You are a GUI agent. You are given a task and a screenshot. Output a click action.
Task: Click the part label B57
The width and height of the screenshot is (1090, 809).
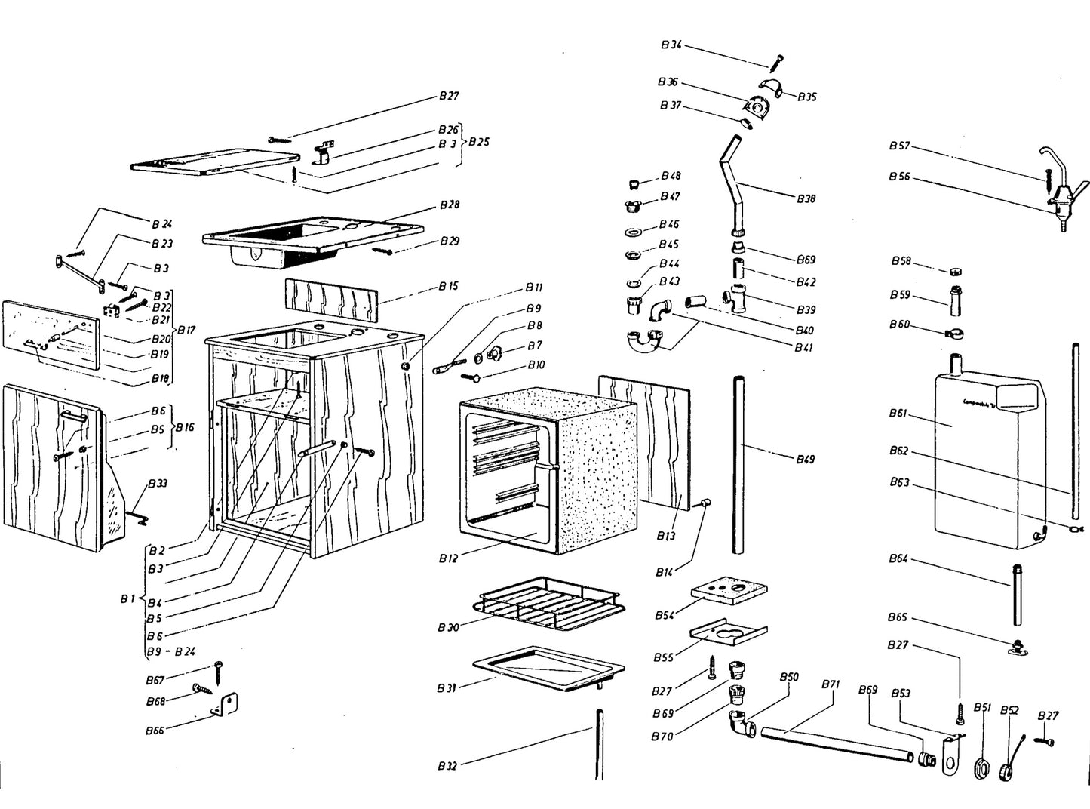899,146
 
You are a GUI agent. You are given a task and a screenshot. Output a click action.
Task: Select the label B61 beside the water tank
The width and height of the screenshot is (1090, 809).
898,414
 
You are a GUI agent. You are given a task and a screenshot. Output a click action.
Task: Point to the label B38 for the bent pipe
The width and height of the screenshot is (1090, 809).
806,198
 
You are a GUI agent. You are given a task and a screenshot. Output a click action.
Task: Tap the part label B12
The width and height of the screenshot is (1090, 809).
448,559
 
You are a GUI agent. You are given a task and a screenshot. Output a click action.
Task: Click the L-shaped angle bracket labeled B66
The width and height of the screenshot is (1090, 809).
229,705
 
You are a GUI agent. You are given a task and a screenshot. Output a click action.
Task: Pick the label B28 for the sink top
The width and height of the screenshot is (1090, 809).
449,205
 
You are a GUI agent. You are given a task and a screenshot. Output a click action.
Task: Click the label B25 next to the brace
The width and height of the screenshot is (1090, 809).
478,142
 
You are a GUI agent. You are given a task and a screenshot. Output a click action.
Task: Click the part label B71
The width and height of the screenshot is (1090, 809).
830,684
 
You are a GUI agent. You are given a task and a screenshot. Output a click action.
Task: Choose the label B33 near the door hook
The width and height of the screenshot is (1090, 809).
158,483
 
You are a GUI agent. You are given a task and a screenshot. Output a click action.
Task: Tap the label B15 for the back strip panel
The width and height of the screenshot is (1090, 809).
448,286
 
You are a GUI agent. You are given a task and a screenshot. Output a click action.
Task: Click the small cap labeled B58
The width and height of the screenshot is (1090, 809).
954,272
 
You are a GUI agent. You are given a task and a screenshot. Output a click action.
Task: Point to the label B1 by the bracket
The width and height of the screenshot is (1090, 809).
127,599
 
